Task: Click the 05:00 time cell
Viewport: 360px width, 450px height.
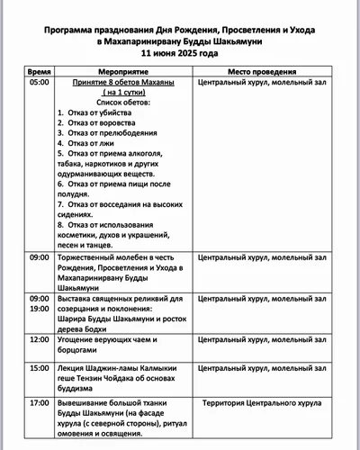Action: pos(39,82)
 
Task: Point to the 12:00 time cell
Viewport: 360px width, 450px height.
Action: pos(39,340)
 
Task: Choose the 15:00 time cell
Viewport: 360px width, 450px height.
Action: pos(39,369)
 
